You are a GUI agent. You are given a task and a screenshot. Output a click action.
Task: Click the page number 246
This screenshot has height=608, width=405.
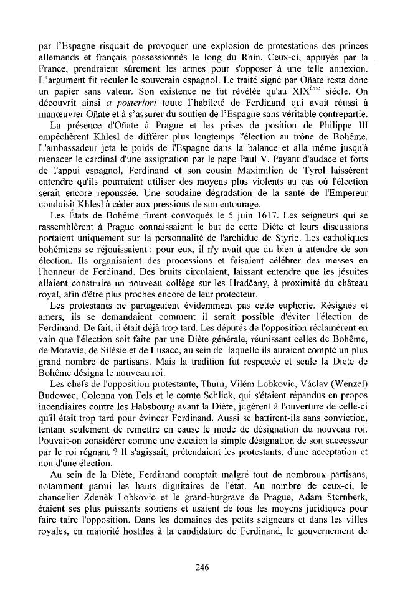click(202, 566)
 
